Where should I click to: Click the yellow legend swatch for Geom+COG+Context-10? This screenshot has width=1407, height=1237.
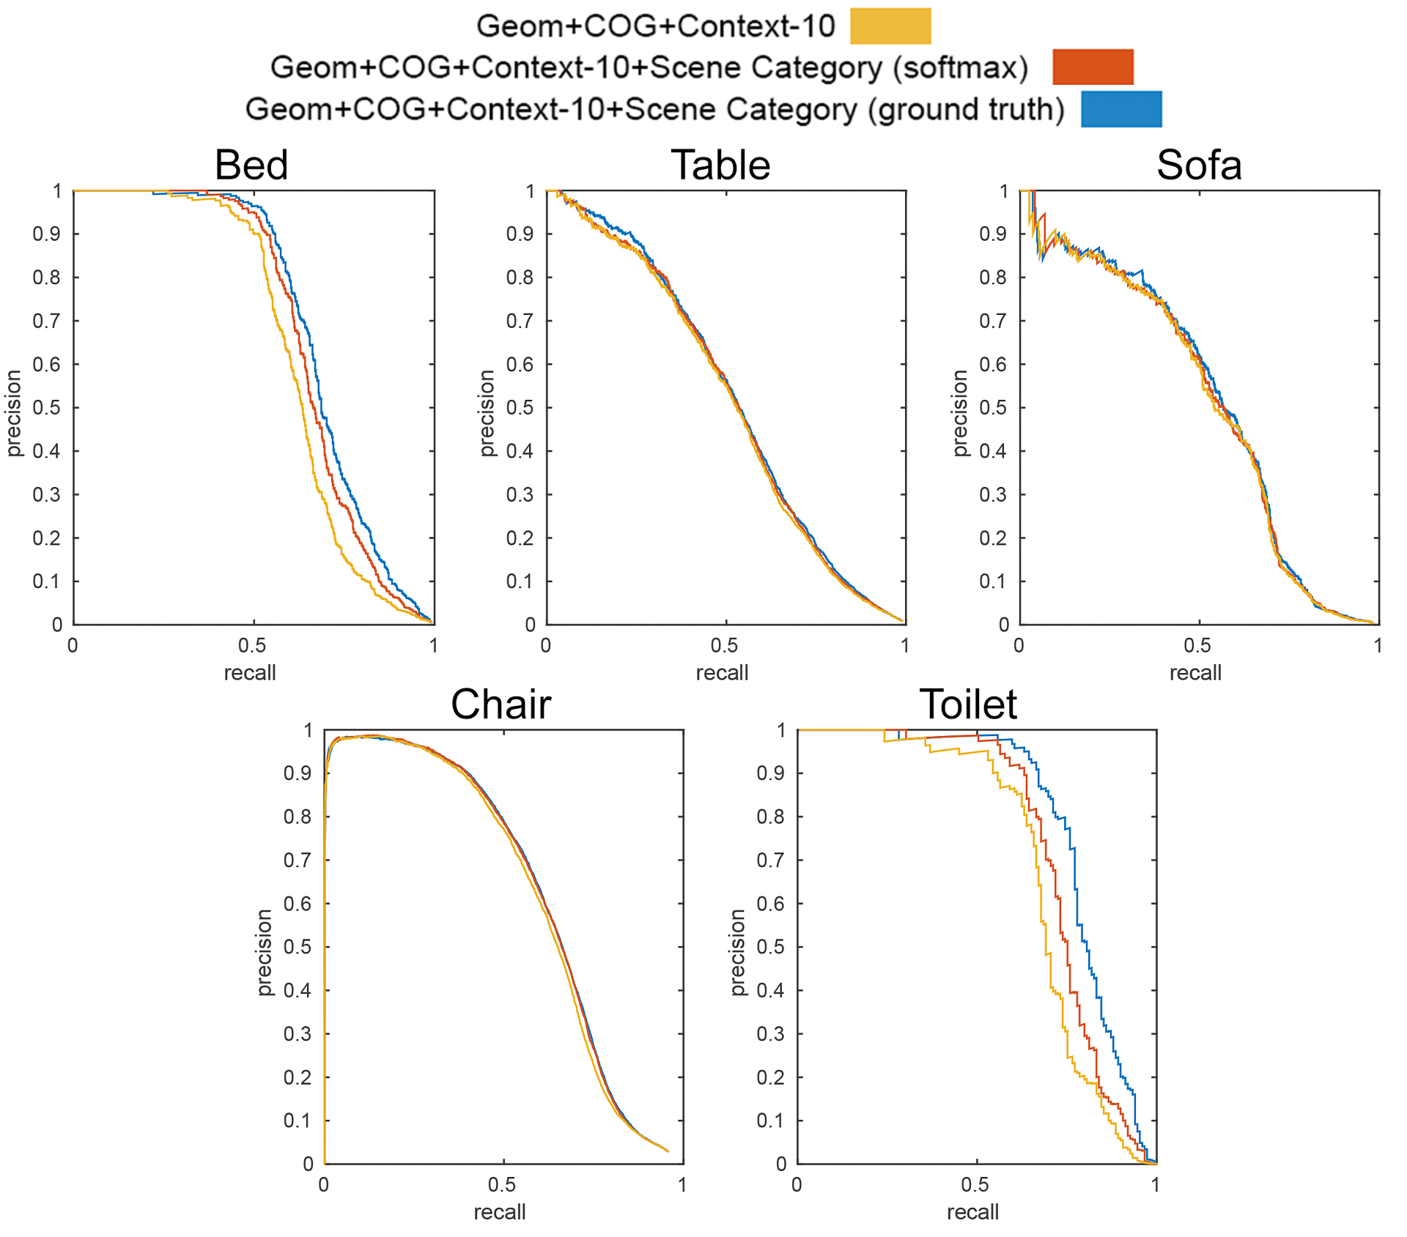tap(890, 26)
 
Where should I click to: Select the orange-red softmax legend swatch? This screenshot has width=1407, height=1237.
tap(1093, 67)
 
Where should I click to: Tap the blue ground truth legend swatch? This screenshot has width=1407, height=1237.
tap(1121, 109)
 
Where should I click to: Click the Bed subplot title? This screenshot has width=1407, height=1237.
tap(251, 165)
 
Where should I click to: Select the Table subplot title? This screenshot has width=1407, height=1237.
tap(720, 165)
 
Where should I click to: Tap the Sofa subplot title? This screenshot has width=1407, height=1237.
tap(1199, 165)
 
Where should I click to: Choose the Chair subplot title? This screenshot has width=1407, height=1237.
tap(501, 705)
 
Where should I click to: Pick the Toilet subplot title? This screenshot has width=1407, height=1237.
tap(968, 705)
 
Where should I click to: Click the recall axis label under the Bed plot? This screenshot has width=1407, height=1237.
tap(250, 672)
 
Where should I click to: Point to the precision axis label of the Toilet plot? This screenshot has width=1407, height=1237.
tap(737, 952)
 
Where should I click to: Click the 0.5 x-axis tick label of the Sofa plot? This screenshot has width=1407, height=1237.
tap(1197, 645)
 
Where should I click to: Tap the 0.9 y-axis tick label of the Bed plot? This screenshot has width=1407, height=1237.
tap(46, 234)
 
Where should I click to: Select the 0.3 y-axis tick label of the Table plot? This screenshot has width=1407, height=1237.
tap(520, 495)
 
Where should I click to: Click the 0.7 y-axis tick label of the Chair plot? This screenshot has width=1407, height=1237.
tap(298, 860)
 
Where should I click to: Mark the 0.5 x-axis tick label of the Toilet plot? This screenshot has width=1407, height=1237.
tap(975, 1184)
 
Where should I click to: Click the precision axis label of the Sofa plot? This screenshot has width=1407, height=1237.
tap(960, 413)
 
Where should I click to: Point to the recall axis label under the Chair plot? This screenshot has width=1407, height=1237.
tap(500, 1212)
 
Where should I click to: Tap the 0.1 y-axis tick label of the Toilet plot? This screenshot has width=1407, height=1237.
tap(770, 1121)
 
